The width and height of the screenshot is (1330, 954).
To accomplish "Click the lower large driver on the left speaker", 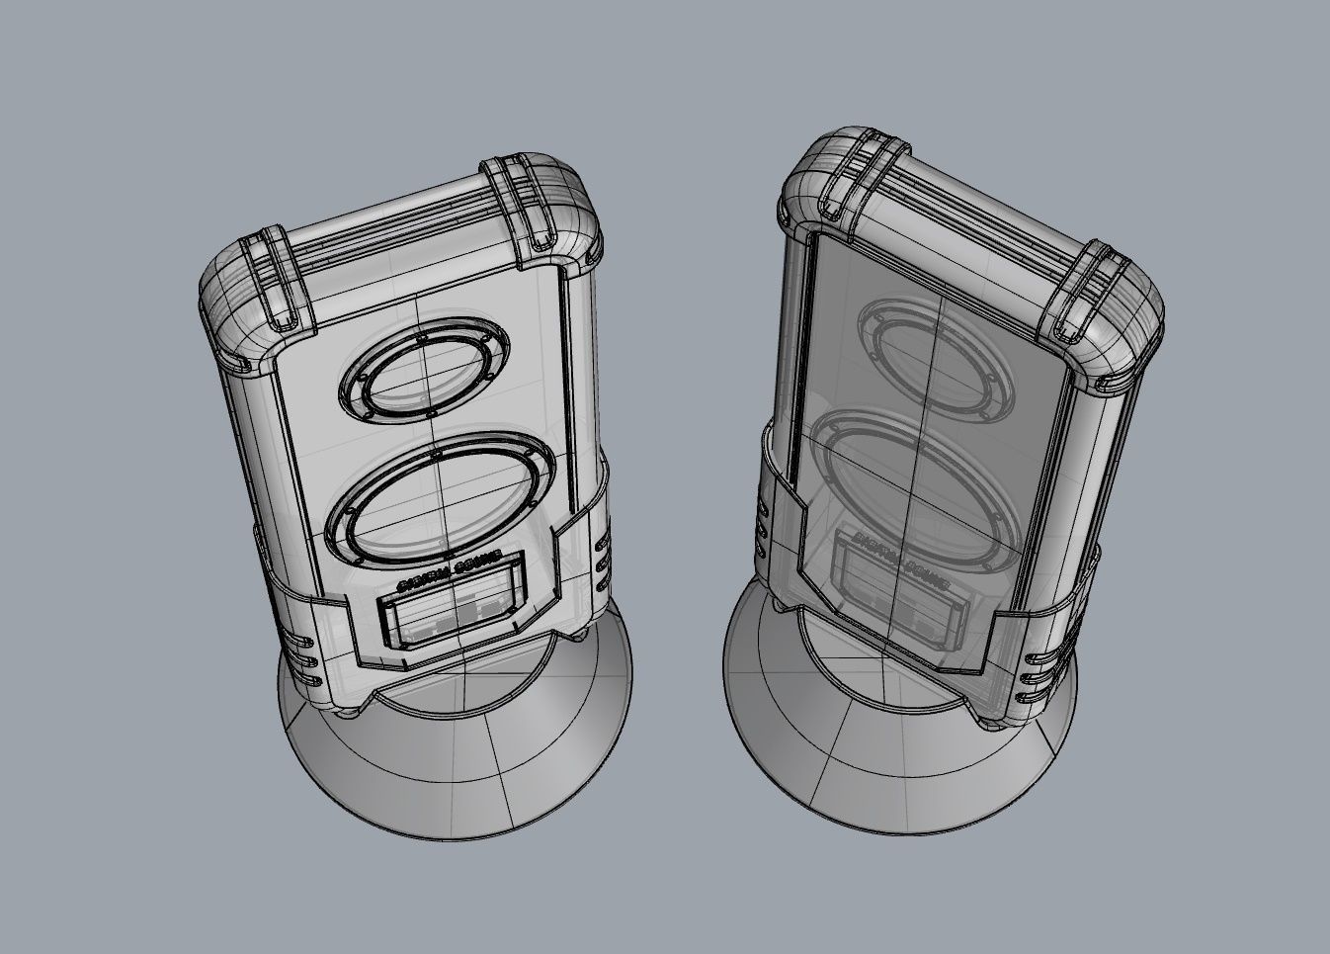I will (x=435, y=498).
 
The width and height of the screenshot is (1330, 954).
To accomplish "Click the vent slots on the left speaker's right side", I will (x=602, y=561).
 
